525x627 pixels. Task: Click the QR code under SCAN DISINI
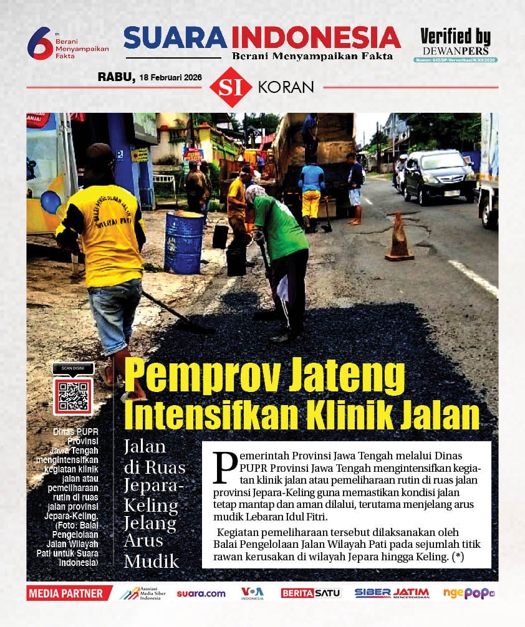73,396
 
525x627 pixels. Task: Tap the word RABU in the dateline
115,77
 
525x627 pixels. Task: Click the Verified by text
455,36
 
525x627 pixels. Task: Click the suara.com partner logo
201,594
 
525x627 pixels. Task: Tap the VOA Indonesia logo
253,593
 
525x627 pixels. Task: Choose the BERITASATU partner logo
311,593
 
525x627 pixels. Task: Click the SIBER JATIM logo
392,593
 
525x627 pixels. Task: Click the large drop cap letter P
225,466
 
